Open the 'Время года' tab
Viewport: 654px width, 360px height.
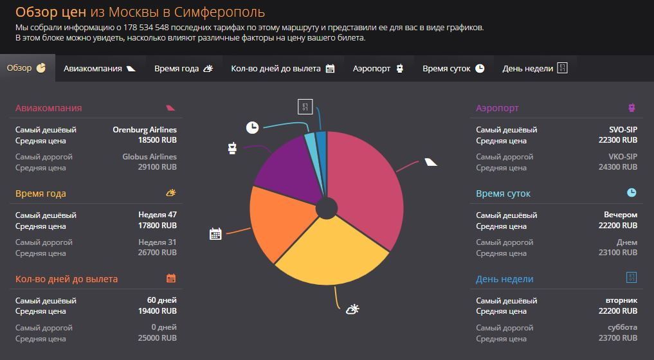tap(183, 68)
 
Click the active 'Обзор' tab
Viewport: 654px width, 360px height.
tap(26, 68)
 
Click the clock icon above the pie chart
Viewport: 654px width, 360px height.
tap(252, 127)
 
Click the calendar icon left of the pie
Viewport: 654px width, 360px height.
tap(215, 233)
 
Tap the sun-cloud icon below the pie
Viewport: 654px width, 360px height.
tap(352, 309)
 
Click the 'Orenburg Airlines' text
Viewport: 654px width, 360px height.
tap(145, 130)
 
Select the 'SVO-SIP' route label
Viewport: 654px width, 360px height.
tap(623, 130)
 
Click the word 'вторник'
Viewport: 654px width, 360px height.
tap(621, 300)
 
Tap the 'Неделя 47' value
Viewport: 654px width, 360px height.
tap(157, 215)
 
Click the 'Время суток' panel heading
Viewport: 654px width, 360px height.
tap(503, 194)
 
